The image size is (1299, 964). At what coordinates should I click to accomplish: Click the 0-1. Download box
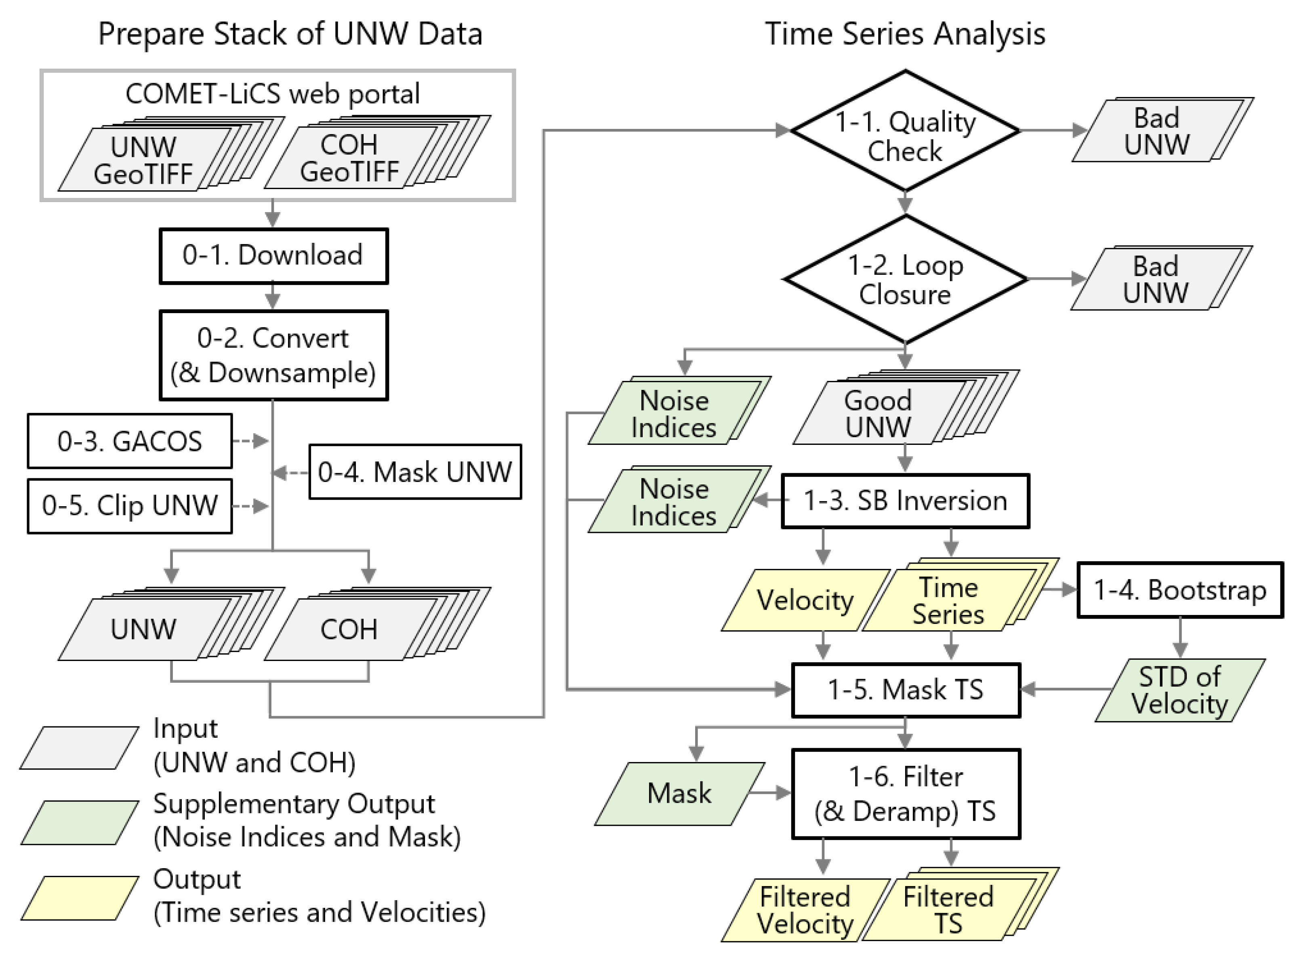pos(273,256)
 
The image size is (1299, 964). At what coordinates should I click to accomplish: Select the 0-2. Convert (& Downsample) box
pos(273,355)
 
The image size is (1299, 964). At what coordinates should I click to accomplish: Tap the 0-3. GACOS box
pos(130,441)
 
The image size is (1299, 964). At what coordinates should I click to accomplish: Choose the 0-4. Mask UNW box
pos(415,471)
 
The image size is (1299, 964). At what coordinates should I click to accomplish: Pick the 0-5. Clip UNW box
pos(130,506)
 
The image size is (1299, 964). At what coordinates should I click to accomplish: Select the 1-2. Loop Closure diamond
pos(905,279)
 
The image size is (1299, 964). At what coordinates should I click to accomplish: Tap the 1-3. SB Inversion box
pos(905,501)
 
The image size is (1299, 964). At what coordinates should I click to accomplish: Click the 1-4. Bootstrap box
pos(1179,589)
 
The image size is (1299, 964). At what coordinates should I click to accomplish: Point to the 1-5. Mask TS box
pos(905,689)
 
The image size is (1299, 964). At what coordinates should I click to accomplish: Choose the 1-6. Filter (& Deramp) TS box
pos(905,794)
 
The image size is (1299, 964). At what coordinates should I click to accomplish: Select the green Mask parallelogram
pos(679,793)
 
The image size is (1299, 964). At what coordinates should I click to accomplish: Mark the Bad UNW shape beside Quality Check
pos(1156,131)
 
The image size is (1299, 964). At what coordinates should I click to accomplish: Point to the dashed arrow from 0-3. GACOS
pos(250,441)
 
